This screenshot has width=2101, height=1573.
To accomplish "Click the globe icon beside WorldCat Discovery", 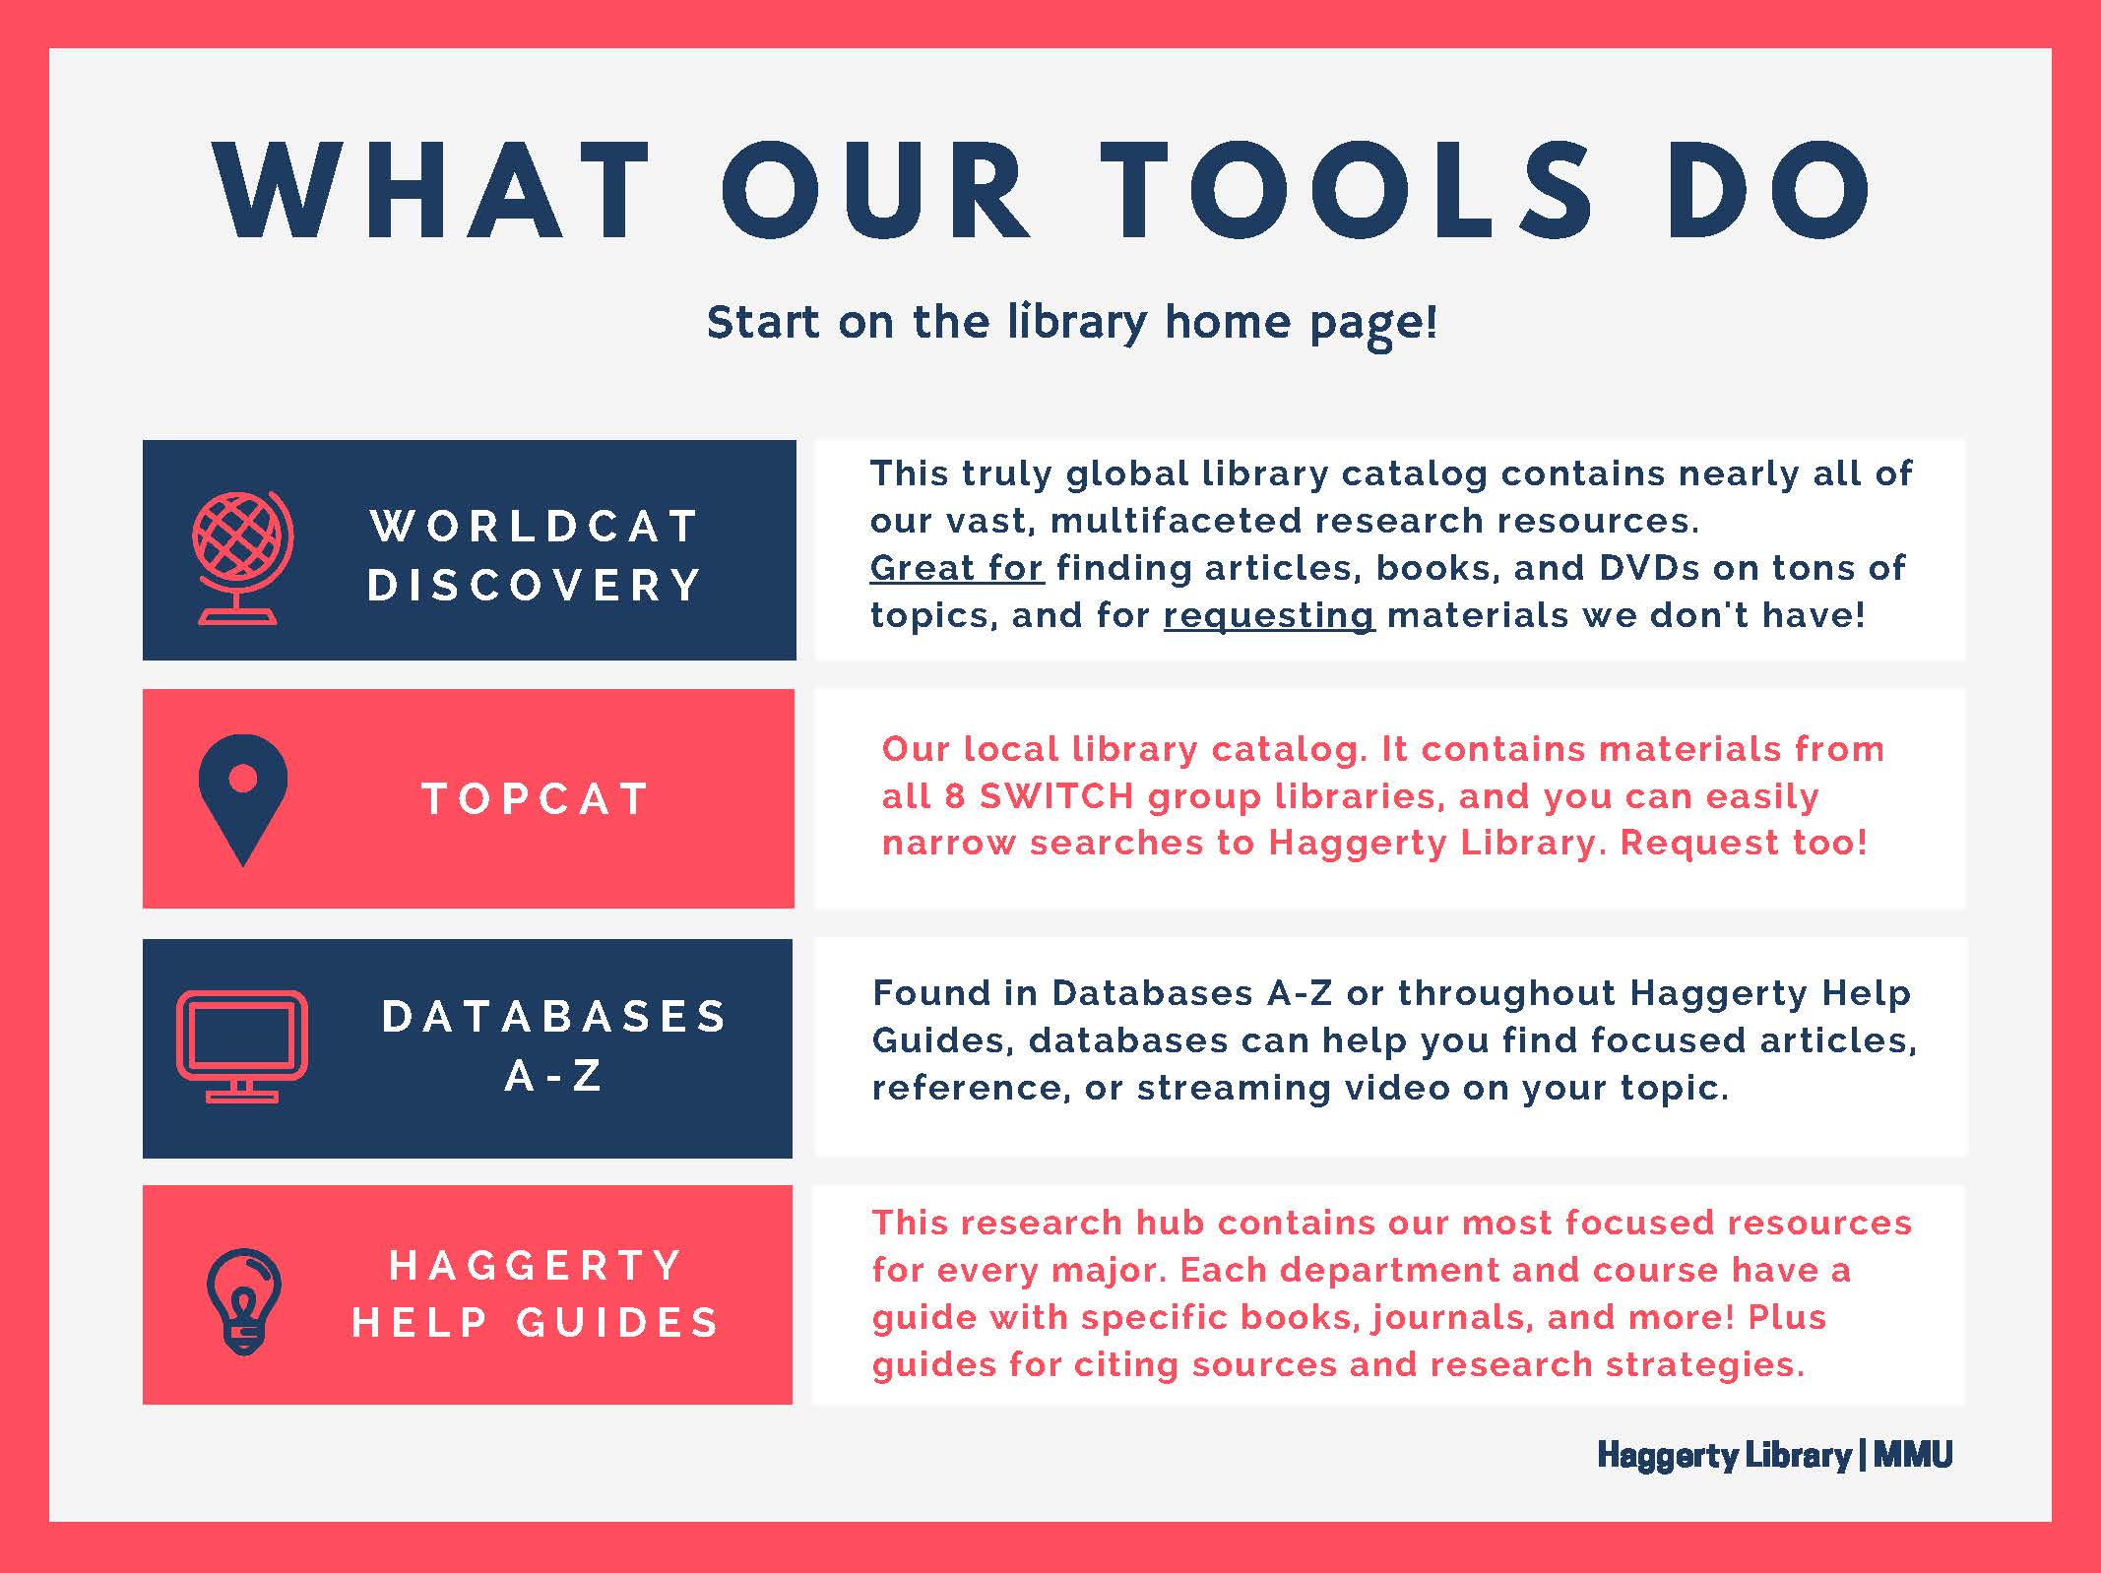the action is [242, 557].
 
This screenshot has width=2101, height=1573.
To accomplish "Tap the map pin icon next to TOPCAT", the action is [242, 799].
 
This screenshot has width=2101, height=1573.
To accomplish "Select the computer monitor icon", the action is [241, 1046].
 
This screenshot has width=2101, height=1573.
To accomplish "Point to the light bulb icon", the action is [244, 1301].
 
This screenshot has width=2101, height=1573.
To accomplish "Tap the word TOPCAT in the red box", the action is [536, 799].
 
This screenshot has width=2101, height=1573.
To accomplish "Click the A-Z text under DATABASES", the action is [553, 1076].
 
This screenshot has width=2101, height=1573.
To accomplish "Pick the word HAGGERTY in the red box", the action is [536, 1266].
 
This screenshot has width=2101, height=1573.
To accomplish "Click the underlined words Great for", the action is [956, 568].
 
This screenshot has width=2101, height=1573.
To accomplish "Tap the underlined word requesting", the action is [1269, 616].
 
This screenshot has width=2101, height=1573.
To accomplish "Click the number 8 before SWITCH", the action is [954, 796].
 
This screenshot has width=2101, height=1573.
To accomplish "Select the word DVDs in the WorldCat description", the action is [1649, 568].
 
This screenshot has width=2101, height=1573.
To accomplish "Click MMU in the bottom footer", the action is [1913, 1455].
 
